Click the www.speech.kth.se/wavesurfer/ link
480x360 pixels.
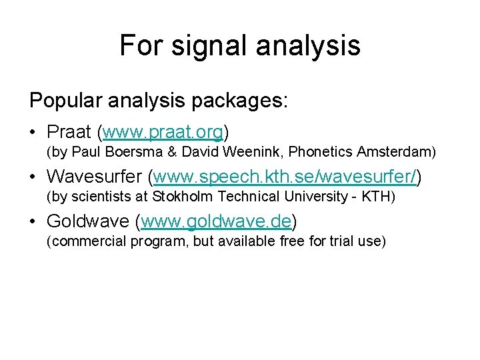pos(287,177)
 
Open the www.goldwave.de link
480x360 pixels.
pos(217,221)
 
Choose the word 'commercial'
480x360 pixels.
pos(86,241)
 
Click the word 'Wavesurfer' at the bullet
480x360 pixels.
pos(94,177)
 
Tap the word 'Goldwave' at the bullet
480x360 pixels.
pos(86,221)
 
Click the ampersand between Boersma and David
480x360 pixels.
pos(171,153)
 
